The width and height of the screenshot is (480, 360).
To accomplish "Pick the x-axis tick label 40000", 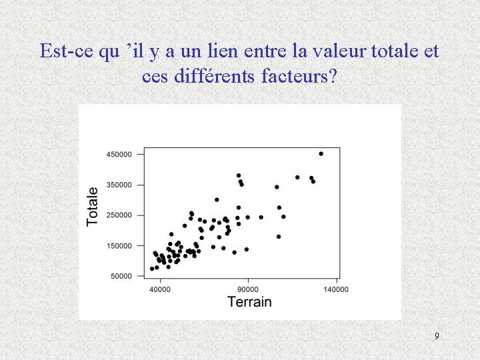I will (x=159, y=289).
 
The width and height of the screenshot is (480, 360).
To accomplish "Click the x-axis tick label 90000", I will (x=248, y=289).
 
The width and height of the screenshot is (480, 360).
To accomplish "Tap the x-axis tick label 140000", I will (x=335, y=289).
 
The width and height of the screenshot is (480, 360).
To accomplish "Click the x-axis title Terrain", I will (x=249, y=302).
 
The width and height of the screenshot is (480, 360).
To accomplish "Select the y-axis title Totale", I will (x=93, y=206).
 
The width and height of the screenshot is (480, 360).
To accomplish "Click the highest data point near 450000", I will (x=321, y=153).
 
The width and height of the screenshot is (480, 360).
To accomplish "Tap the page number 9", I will (x=437, y=336).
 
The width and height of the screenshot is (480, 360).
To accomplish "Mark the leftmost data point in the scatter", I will (x=152, y=269).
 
